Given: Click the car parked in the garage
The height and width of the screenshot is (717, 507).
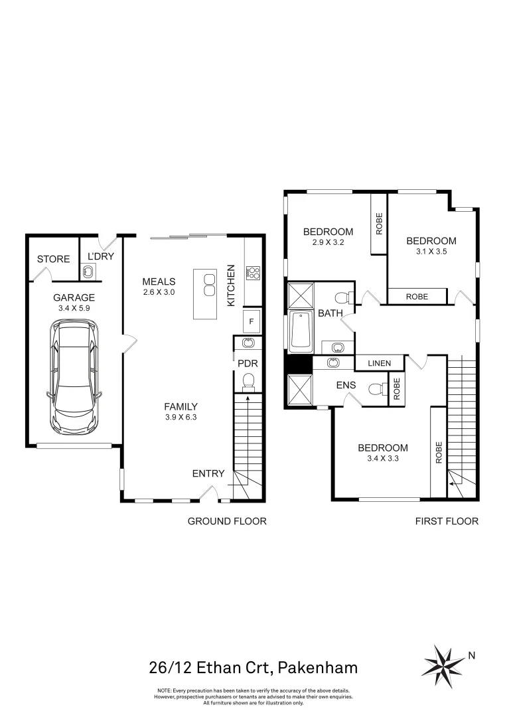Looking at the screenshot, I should pos(74,375).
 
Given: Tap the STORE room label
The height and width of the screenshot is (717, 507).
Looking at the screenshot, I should pos(53,259).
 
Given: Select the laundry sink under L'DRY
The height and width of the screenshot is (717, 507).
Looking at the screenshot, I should pos(87,270).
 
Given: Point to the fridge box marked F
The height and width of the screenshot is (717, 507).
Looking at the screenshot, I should pos(251,321).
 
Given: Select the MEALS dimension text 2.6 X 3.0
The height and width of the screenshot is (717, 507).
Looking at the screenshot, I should pos(158,292).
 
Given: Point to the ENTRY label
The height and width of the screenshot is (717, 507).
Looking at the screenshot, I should pos(208,473).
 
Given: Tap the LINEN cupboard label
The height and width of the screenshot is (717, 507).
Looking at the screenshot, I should pos(379,363).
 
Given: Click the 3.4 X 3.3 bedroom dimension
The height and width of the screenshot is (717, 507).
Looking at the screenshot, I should pos(382,457).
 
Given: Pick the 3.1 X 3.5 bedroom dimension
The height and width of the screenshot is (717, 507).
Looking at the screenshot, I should pos(431,252).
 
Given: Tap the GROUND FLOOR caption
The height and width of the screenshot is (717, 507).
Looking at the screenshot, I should pos(227,521).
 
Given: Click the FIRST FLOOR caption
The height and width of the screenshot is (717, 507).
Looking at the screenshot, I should pos(447,521).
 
